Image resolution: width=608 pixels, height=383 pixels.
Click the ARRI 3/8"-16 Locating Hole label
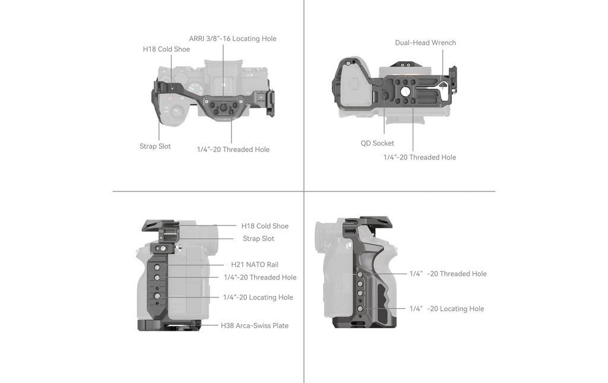click(x=233, y=39)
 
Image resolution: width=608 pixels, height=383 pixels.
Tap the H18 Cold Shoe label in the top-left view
click(x=166, y=49)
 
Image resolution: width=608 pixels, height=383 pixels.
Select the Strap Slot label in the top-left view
click(x=155, y=146)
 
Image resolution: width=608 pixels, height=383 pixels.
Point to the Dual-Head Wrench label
click(x=425, y=43)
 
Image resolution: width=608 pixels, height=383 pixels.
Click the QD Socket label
click(x=377, y=143)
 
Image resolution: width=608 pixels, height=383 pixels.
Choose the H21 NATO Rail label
click(x=255, y=265)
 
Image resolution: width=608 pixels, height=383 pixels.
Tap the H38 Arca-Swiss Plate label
click(x=255, y=325)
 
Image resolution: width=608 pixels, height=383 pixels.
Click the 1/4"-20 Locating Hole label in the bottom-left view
click(x=258, y=297)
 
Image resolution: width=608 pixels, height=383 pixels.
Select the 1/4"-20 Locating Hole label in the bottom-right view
click(x=446, y=309)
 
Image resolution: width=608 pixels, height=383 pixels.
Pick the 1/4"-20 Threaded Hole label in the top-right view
click(x=420, y=158)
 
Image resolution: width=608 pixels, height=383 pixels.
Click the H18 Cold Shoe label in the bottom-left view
click(x=265, y=226)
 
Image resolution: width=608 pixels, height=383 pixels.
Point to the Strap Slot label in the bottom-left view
click(x=259, y=238)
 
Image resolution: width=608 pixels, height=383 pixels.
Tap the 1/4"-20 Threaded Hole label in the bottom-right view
click(x=448, y=274)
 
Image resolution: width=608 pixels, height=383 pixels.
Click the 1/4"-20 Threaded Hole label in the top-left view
click(x=233, y=149)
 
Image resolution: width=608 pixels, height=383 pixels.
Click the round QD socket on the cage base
click(x=384, y=96)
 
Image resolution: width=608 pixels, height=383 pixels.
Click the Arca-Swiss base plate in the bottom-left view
click(x=169, y=325)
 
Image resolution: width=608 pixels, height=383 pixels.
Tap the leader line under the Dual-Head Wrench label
click(x=443, y=68)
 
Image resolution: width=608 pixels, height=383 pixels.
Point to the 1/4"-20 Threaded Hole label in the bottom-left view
click(x=260, y=277)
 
